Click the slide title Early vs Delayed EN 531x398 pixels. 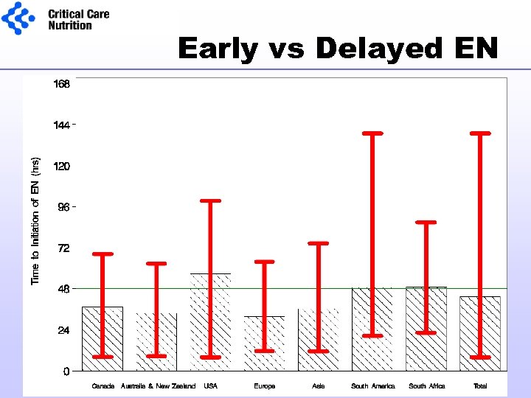pyautogui.click(x=338, y=49)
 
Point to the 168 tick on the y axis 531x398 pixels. pyautogui.click(x=62, y=84)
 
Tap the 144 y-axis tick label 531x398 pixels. pyautogui.click(x=62, y=125)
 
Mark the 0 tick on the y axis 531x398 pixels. pyautogui.click(x=66, y=371)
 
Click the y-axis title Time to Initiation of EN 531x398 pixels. pyautogui.click(x=35, y=220)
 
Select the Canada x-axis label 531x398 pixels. pyautogui.click(x=103, y=386)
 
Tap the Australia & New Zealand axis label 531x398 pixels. pyautogui.click(x=158, y=386)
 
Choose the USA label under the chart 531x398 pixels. pyautogui.click(x=210, y=386)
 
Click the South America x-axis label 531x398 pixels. pyautogui.click(x=372, y=386)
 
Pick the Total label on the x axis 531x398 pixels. pyautogui.click(x=480, y=386)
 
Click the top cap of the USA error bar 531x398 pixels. pyautogui.click(x=210, y=200)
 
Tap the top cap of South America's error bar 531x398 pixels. pyautogui.click(x=372, y=133)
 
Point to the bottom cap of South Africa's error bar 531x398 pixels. pyautogui.click(x=426, y=332)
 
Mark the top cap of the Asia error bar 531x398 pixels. pyautogui.click(x=318, y=243)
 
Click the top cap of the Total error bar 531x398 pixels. pyautogui.click(x=480, y=133)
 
